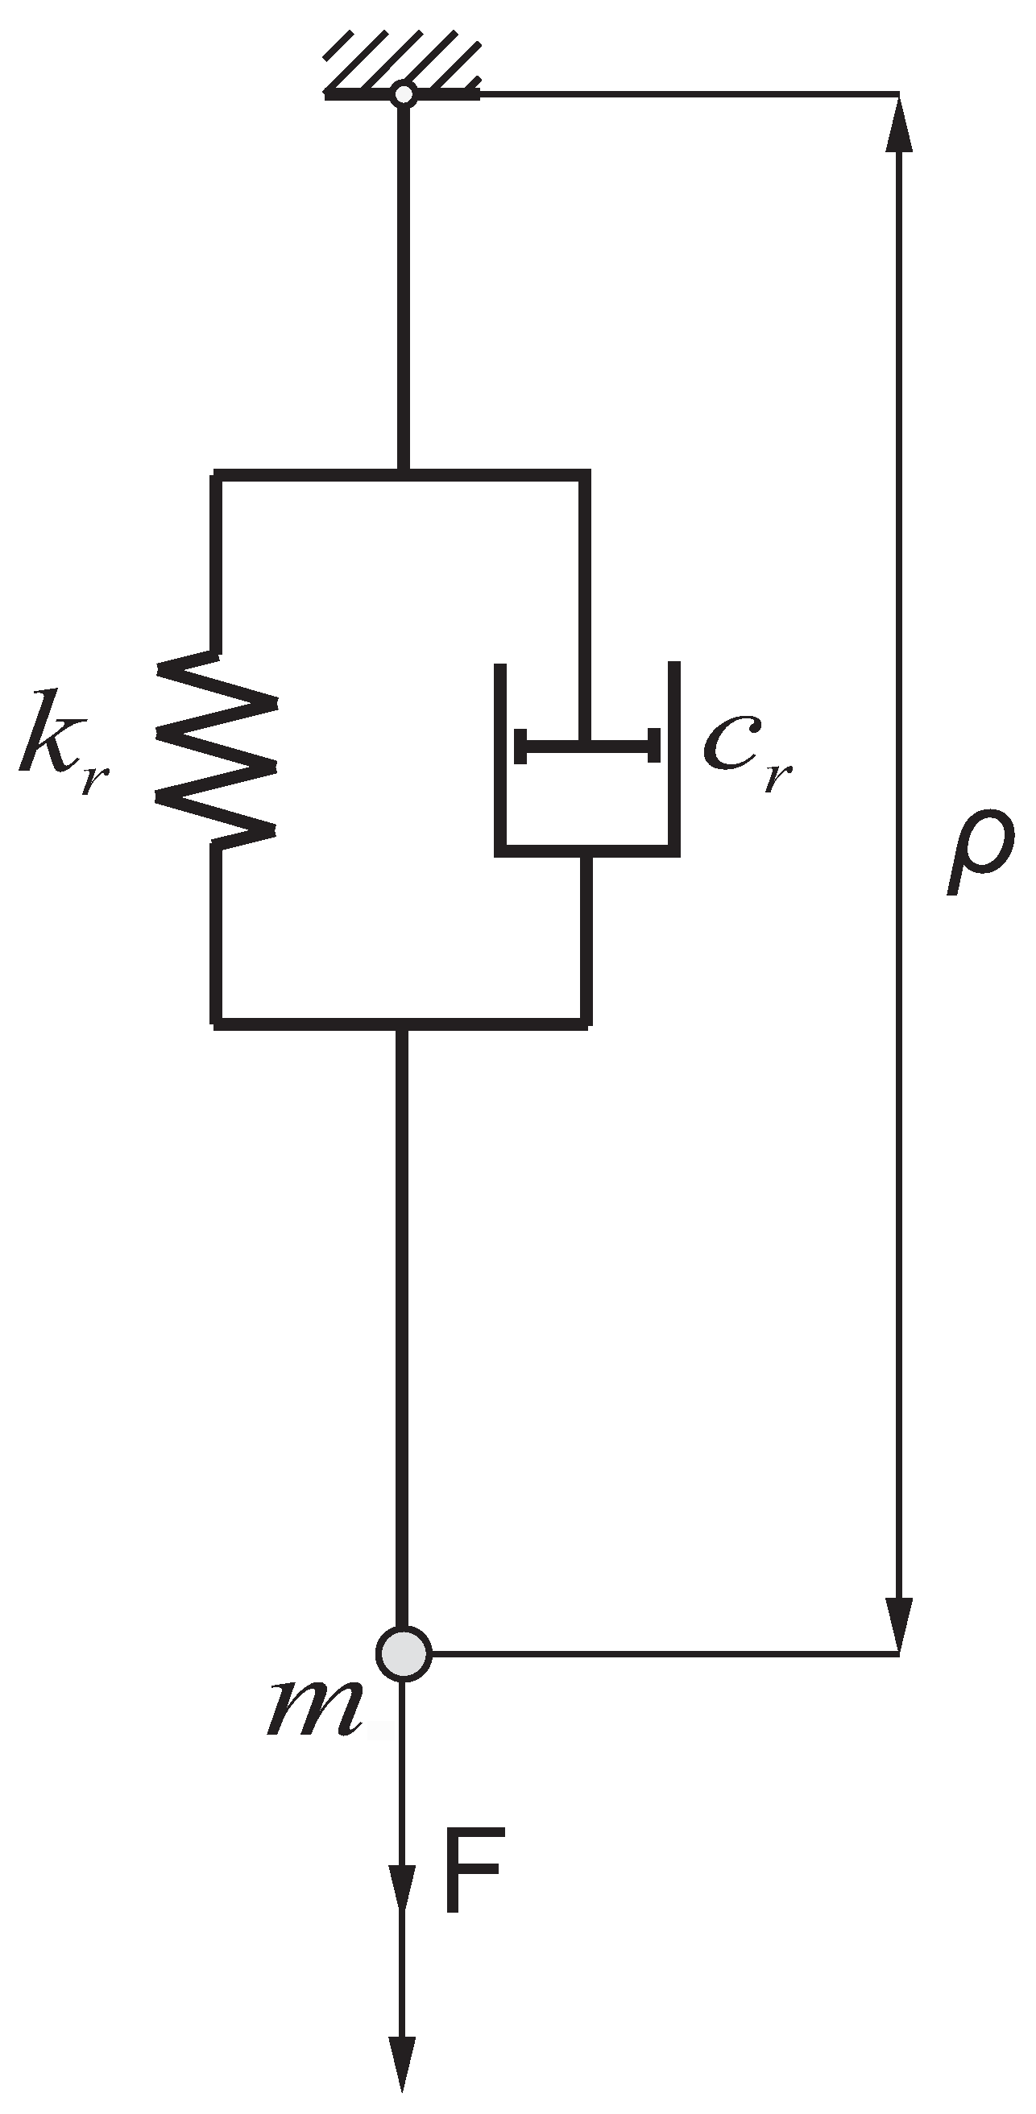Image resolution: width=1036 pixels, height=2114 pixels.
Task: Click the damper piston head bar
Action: (x=586, y=745)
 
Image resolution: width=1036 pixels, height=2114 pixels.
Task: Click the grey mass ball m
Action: (x=403, y=1653)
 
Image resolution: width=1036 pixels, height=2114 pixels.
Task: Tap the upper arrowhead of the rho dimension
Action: (x=899, y=123)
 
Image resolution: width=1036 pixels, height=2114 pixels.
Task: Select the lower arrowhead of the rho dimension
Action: (x=899, y=1621)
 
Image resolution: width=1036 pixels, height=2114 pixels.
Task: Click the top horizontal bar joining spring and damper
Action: (x=401, y=475)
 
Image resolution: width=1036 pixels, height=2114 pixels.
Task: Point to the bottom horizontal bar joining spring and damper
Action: (x=401, y=1023)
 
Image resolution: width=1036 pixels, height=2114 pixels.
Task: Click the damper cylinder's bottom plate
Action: (x=587, y=850)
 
